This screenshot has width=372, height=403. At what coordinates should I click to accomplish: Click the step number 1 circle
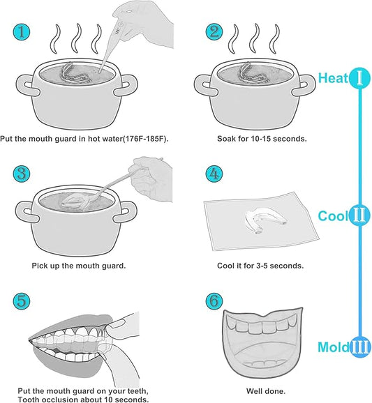click(22, 32)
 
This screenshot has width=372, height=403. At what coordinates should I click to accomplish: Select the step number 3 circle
click(22, 173)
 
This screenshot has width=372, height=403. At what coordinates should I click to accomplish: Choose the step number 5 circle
click(22, 301)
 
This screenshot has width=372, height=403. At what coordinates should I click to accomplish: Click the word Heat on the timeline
click(333, 78)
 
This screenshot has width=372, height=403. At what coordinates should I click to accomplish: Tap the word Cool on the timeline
click(333, 215)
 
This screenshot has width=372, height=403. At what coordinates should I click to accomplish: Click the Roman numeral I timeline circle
click(359, 77)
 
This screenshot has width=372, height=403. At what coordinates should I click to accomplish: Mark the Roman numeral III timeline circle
click(359, 347)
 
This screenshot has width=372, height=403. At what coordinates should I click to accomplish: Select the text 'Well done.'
click(265, 391)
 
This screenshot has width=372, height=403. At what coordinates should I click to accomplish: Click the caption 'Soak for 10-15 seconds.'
click(262, 139)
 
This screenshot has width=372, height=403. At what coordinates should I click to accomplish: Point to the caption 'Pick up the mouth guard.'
click(78, 266)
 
